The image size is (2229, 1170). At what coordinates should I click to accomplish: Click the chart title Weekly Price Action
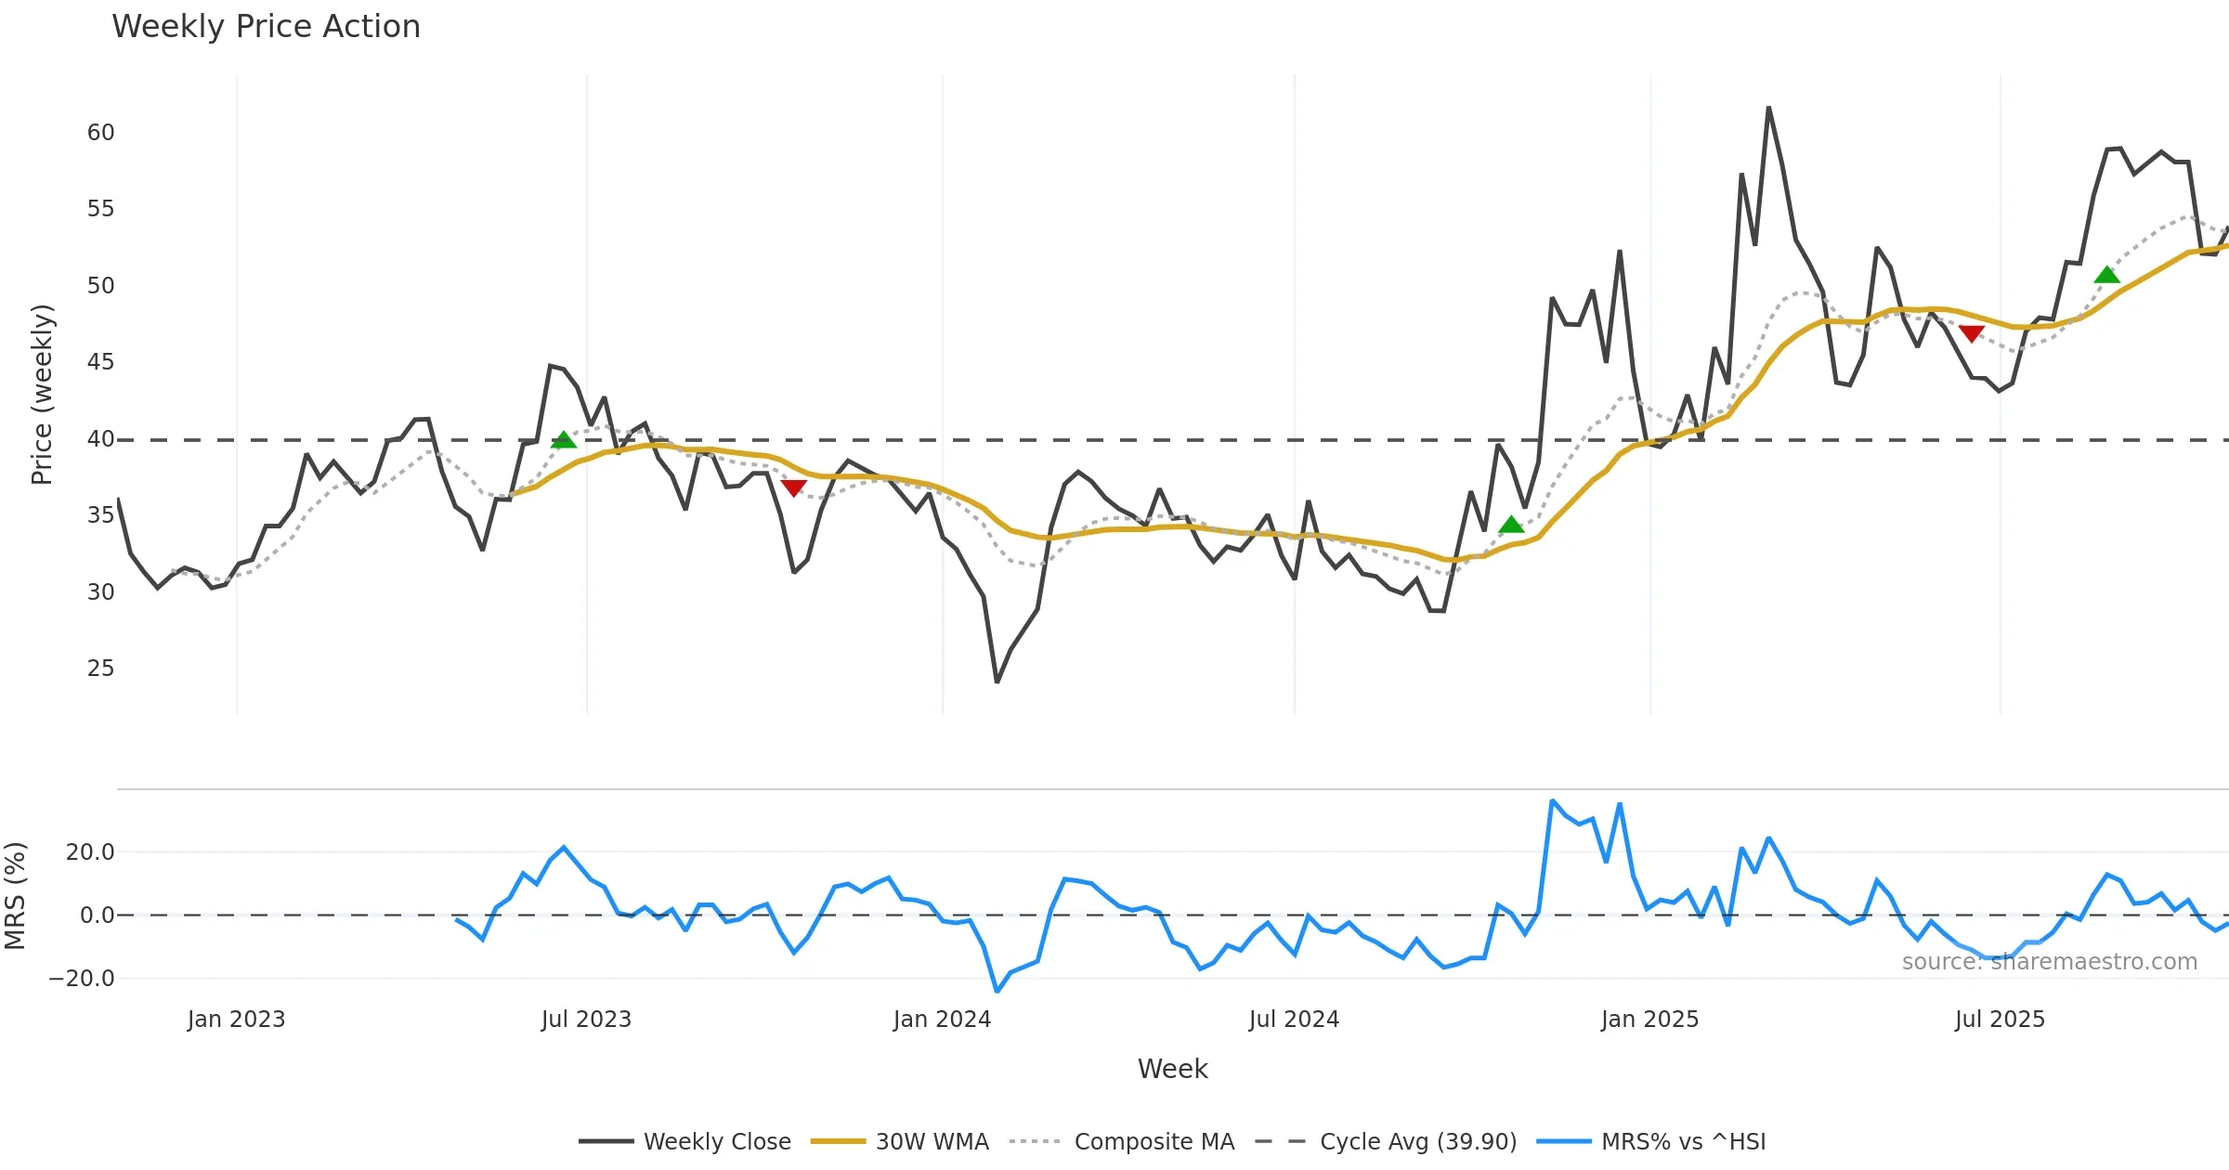click(x=266, y=27)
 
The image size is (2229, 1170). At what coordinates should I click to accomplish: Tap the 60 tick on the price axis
click(x=100, y=133)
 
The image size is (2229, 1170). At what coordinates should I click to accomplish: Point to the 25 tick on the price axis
click(x=100, y=669)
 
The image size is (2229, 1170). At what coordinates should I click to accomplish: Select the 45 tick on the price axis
click(x=100, y=362)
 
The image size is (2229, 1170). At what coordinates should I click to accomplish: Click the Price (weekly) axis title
click(x=42, y=395)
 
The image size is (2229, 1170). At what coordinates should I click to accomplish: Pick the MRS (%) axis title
click(x=15, y=896)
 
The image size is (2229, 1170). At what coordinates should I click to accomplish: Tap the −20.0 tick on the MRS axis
click(x=82, y=979)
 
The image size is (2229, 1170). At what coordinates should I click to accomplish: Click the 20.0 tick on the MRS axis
click(x=89, y=852)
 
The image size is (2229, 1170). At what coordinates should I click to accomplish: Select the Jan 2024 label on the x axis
click(x=942, y=1020)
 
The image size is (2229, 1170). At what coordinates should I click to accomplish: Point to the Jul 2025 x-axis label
click(x=2000, y=1020)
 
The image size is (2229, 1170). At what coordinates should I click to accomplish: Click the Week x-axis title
click(x=1172, y=1070)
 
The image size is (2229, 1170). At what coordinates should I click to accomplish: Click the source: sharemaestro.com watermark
click(x=2049, y=962)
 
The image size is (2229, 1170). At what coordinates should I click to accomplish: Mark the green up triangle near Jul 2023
click(x=563, y=440)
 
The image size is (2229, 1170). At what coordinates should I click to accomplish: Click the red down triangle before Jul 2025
click(x=1971, y=333)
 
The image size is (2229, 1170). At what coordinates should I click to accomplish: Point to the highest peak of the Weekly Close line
click(x=1768, y=108)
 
